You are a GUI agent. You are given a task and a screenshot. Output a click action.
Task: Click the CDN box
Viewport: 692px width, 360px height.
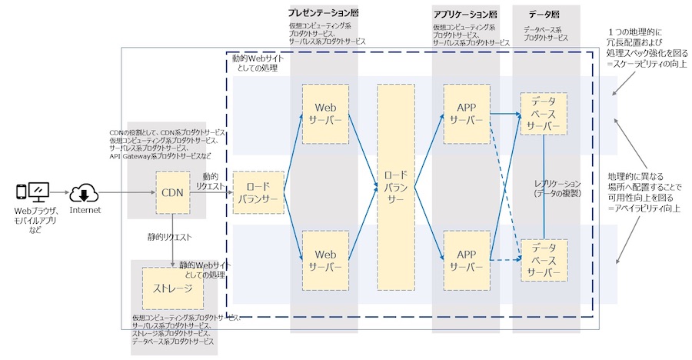click(x=172, y=192)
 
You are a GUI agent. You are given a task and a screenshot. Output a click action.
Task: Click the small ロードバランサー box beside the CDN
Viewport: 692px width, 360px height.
click(x=258, y=192)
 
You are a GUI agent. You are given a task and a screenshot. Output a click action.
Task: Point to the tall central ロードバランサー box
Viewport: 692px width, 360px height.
click(x=396, y=187)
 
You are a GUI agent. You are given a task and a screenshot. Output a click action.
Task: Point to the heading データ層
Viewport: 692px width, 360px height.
click(x=544, y=15)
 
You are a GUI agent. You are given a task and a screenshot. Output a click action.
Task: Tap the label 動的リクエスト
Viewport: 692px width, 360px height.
click(x=210, y=182)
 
